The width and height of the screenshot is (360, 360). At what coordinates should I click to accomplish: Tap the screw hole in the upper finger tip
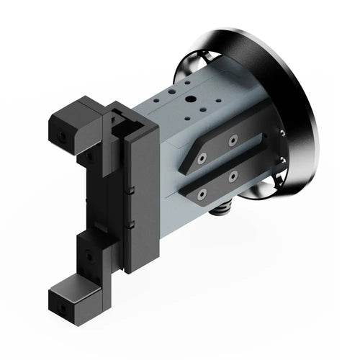(x=63, y=135)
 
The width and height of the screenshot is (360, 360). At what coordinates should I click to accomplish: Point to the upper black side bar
(x=216, y=147)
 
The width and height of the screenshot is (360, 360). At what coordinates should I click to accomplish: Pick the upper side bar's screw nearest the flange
(x=233, y=140)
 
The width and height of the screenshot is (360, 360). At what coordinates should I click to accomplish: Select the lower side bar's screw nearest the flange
(x=233, y=175)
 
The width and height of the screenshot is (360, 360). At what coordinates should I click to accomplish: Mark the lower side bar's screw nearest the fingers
(x=202, y=192)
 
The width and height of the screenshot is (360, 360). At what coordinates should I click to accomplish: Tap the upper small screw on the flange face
(x=280, y=132)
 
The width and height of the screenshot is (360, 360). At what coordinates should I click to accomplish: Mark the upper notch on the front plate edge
(x=133, y=192)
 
